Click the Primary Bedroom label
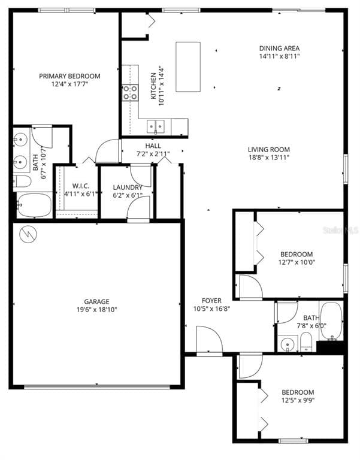pos(69,76)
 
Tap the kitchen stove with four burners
pos(130,92)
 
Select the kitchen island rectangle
pos(188,66)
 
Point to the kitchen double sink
pos(157,126)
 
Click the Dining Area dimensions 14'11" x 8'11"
pos(279,56)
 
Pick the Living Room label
pos(269,150)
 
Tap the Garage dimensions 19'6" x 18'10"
pos(96,310)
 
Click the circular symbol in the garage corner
pos(27,234)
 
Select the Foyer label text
pos(211,301)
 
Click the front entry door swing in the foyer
pos(209,340)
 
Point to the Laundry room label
pos(128,187)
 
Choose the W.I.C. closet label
pos(77,185)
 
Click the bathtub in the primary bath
pos(35,205)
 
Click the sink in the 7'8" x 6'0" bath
pos(288,345)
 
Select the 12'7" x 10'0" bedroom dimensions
pos(296,262)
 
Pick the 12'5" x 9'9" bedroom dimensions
pos(298,401)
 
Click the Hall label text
pos(153,146)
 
